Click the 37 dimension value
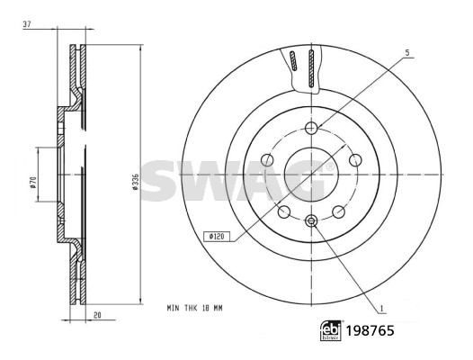tap(27, 24)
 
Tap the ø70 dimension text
tap(33, 183)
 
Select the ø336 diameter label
tap(136, 182)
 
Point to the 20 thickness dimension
tap(97, 315)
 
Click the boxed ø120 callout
tap(217, 237)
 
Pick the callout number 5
tap(407, 53)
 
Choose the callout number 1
tap(381, 309)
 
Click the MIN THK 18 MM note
tap(194, 308)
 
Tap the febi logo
tap(331, 330)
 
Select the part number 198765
tap(370, 330)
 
